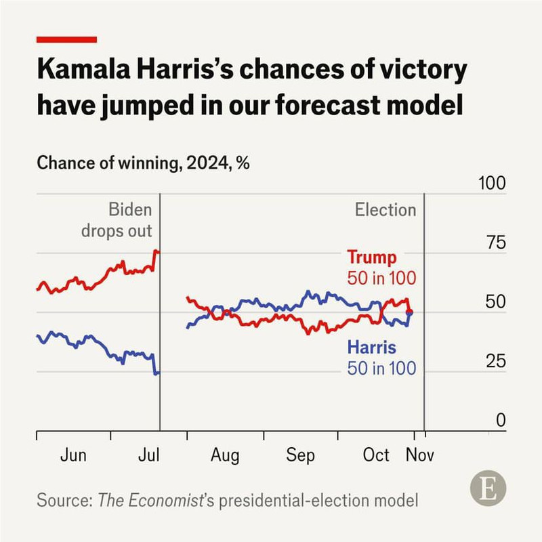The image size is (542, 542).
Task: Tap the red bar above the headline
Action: (66, 40)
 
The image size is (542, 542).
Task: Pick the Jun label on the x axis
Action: (73, 455)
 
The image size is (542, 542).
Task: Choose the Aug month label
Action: (224, 455)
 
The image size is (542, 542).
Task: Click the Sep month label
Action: (299, 455)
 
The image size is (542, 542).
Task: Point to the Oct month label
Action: (376, 455)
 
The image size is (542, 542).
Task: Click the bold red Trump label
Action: (372, 258)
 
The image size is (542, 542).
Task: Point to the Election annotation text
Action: (385, 210)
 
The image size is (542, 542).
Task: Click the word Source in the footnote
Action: (64, 501)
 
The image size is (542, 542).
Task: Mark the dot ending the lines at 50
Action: (410, 312)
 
